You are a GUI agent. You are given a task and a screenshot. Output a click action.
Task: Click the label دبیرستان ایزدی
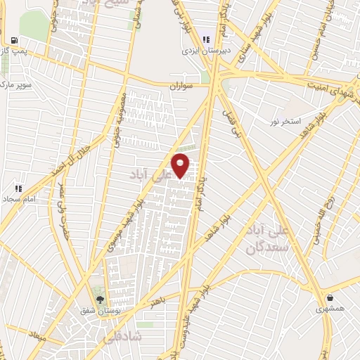202,50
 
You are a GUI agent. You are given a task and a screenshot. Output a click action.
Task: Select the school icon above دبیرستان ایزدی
206,39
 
